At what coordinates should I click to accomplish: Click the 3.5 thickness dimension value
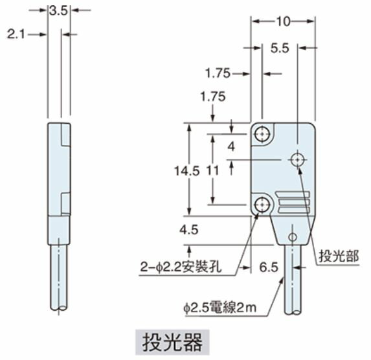click(58, 10)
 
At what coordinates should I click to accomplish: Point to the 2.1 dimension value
click(16, 34)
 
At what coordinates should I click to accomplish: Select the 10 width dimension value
click(282, 21)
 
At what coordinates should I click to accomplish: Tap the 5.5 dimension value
click(279, 48)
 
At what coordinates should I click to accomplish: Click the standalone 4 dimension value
click(230, 147)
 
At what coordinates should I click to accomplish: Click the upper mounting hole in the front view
click(262, 135)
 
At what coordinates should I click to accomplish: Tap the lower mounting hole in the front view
click(262, 205)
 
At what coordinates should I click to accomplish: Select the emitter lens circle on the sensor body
click(297, 159)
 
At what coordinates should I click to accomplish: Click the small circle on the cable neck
click(293, 236)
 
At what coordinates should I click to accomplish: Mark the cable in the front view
click(293, 278)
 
